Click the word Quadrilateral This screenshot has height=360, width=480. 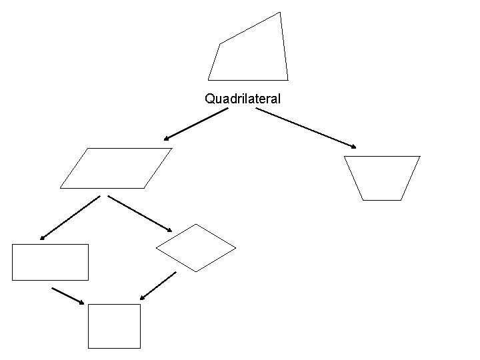click(x=243, y=99)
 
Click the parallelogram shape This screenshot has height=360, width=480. click(x=116, y=168)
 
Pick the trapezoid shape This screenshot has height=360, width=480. click(x=382, y=177)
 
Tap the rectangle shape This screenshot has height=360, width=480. click(x=50, y=262)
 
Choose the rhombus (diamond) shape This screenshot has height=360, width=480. click(x=196, y=248)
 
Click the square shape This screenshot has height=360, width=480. click(x=115, y=326)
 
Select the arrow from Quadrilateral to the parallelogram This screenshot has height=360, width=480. click(x=196, y=125)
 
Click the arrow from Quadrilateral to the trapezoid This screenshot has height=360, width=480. click(x=307, y=128)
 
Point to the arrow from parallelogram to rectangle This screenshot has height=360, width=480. click(x=69, y=217)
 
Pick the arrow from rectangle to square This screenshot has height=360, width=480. click(x=68, y=296)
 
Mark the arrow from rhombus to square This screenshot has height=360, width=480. click(x=158, y=285)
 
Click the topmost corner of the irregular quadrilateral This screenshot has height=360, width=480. click(x=280, y=11)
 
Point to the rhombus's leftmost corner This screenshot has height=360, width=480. click(x=156, y=249)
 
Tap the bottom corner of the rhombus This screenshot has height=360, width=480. click(x=196, y=271)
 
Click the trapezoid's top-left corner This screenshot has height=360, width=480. click(x=344, y=156)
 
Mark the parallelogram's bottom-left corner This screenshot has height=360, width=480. click(x=60, y=188)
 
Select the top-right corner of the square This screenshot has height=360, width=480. click(x=141, y=305)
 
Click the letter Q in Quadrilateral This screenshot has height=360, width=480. click(x=209, y=99)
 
